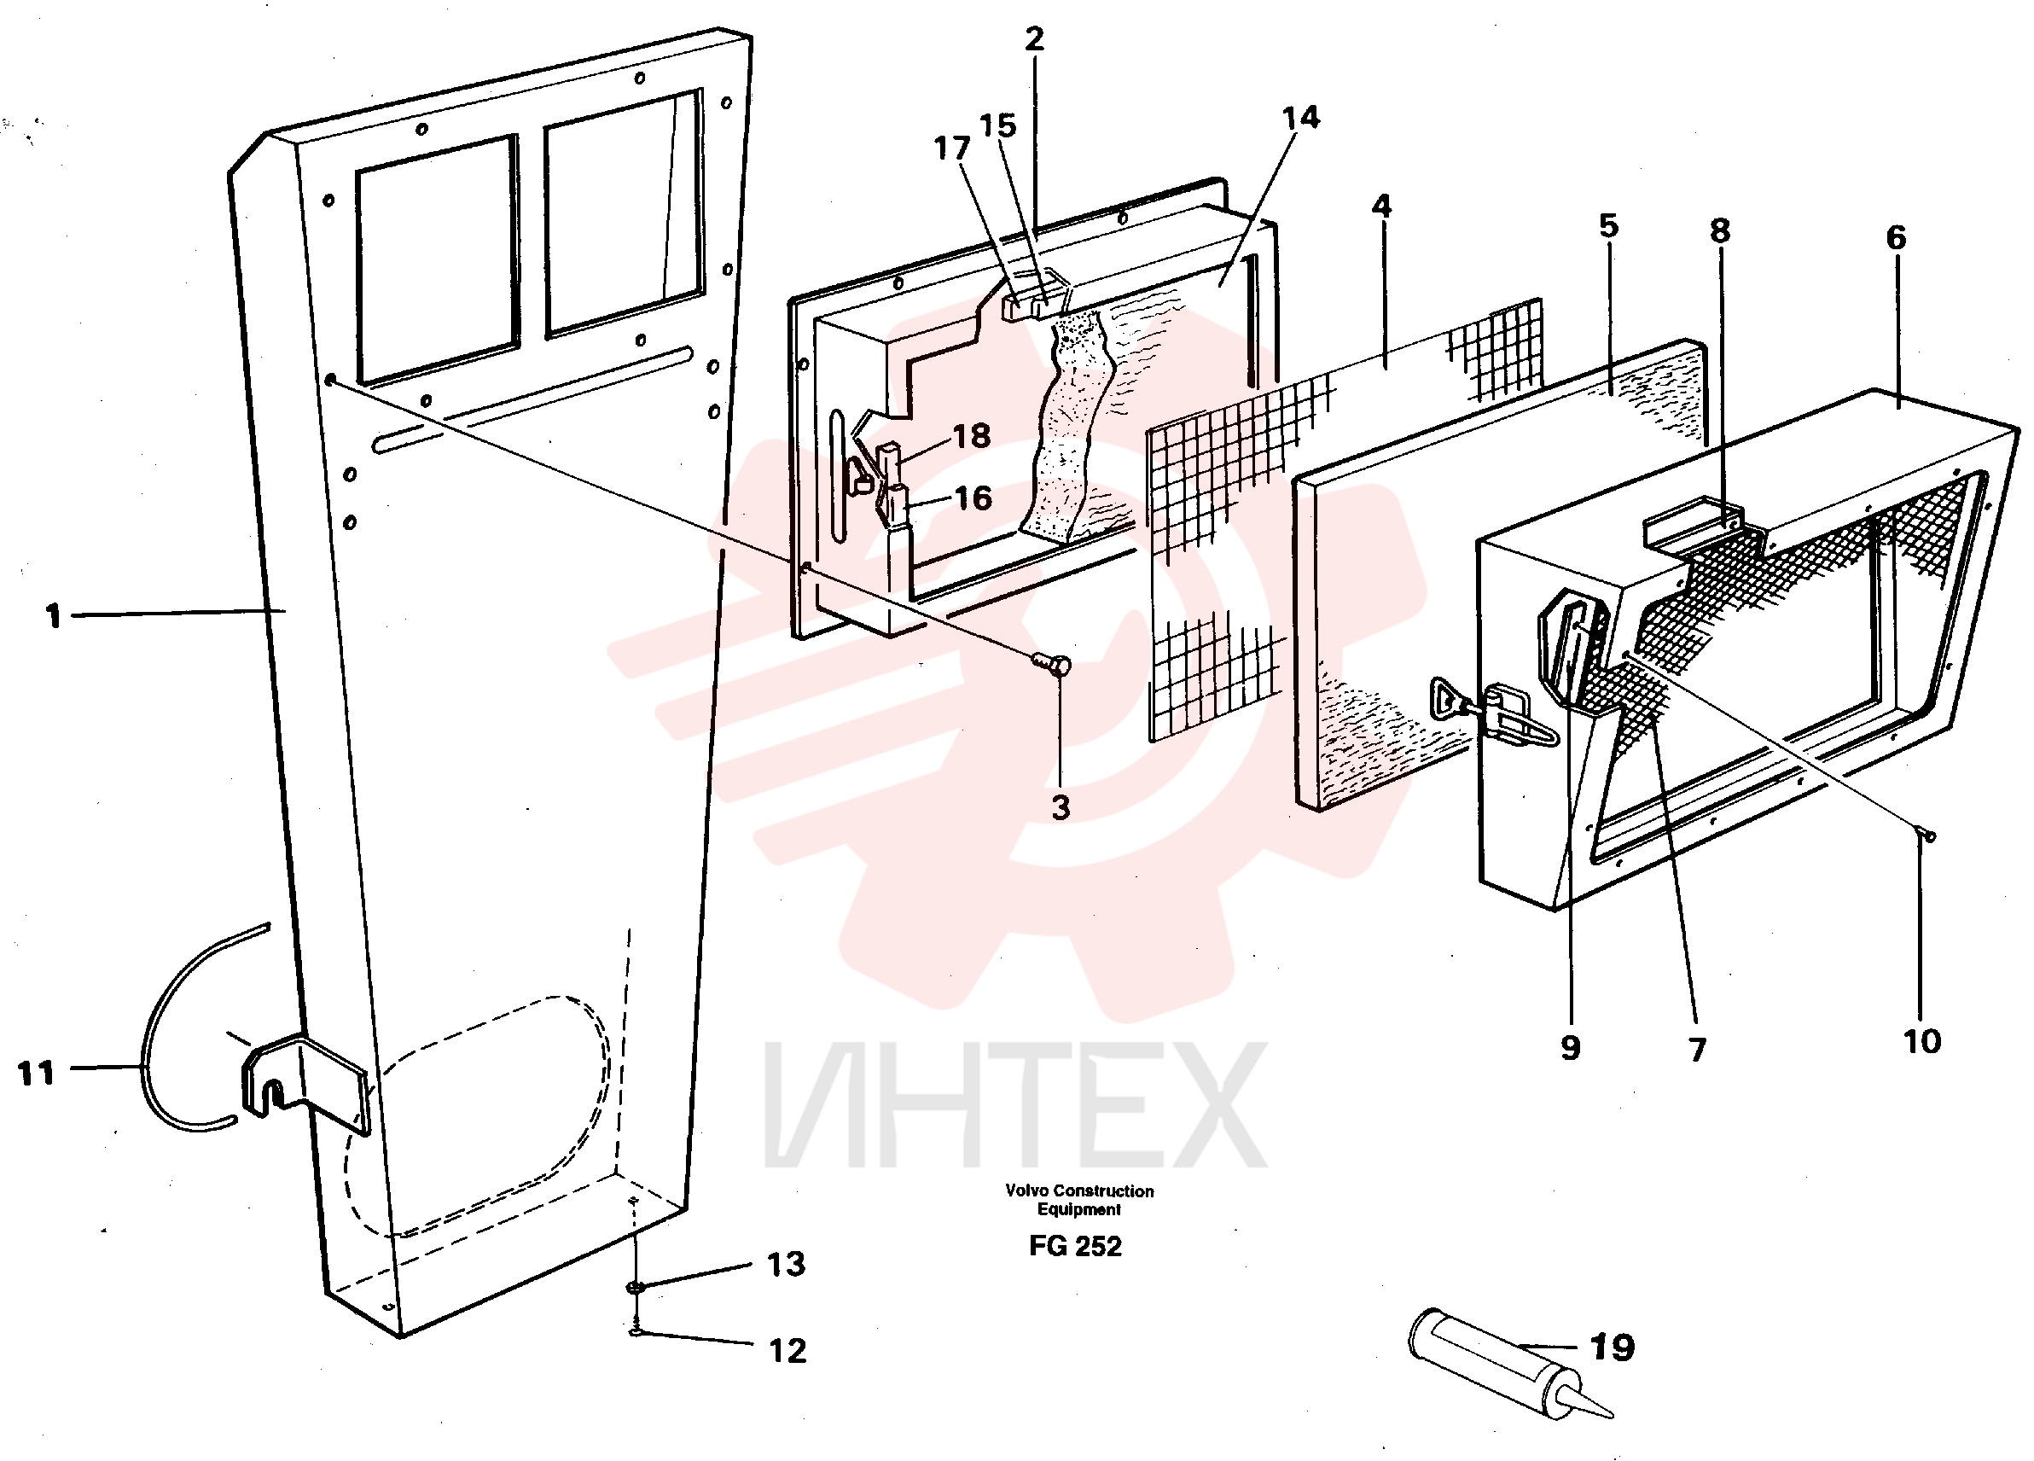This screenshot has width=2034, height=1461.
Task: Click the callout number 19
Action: coord(1612,1347)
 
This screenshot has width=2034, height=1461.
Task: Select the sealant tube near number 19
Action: coord(1508,1365)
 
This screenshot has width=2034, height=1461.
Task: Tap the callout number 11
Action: coord(36,1073)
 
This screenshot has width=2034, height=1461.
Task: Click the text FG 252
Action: coord(1075,1247)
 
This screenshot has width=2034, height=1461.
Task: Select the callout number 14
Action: coord(1300,118)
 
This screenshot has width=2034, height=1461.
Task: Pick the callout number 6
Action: coord(1896,238)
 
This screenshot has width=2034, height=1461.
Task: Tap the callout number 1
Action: coord(54,616)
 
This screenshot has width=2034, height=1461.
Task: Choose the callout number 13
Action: coord(786,1265)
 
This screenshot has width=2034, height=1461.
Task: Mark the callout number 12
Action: coord(787,1351)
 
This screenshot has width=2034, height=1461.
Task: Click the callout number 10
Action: coord(1922,1041)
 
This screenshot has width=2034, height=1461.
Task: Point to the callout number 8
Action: coord(1719,230)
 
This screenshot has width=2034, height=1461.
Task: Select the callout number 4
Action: coord(1381,207)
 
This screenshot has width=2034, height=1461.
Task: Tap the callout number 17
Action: coord(951,148)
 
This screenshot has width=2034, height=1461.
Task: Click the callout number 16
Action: coord(973,498)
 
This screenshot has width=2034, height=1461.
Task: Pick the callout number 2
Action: coord(1034,38)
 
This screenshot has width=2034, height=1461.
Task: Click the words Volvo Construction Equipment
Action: coord(1079,1200)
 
